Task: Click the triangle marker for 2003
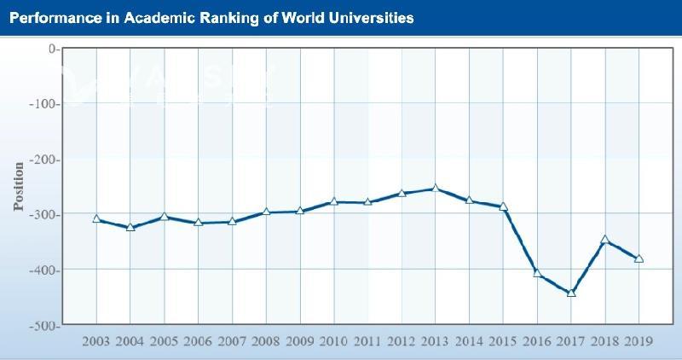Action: pos(96,219)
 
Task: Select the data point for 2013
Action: pos(435,189)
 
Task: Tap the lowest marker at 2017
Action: pos(571,293)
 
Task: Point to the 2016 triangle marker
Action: pos(537,273)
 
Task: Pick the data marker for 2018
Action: pos(605,241)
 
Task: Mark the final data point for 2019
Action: pos(639,258)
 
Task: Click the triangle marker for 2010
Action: pos(334,201)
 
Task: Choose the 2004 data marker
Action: pos(130,228)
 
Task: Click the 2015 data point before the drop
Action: pos(503,206)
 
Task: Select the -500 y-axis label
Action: pos(42,326)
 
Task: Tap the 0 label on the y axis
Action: pos(52,49)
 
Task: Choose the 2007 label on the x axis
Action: pos(232,341)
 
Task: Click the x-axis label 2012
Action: pos(402,341)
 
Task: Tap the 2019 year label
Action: pos(639,341)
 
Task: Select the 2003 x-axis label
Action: pos(96,341)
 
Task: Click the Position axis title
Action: pos(19,186)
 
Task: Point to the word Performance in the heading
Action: pos(54,17)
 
